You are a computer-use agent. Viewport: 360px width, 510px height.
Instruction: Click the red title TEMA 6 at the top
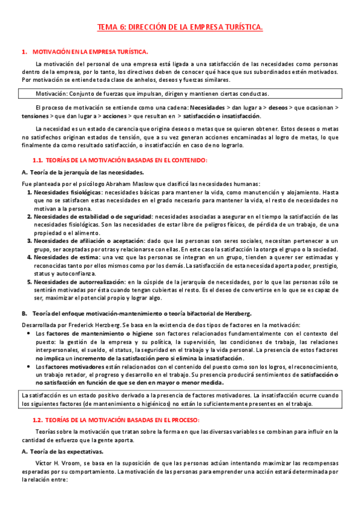pyautogui.click(x=180, y=28)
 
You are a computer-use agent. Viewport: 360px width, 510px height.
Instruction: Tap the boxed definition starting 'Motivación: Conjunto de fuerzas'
pyautogui.click(x=152, y=94)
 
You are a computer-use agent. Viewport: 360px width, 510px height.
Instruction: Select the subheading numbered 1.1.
pyautogui.click(x=119, y=159)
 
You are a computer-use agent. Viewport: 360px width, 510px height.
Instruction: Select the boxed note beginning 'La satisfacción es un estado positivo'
pyautogui.click(x=180, y=382)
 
